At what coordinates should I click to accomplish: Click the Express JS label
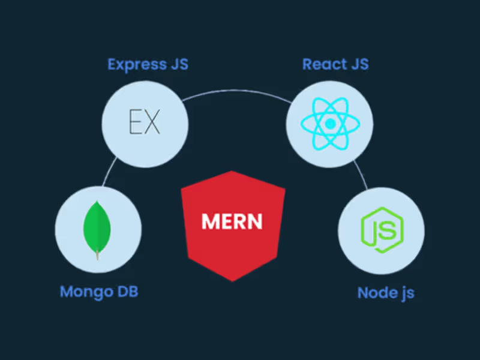[148, 64]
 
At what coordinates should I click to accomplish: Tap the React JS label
[335, 64]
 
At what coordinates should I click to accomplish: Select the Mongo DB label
[99, 292]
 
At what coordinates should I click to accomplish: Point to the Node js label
[386, 293]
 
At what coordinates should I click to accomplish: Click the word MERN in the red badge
[232, 221]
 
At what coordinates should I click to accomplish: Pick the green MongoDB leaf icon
[98, 227]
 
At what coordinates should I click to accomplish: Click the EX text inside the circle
[145, 122]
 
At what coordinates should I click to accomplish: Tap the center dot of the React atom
[329, 124]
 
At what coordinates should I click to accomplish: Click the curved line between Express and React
[237, 91]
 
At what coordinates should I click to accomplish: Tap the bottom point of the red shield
[233, 280]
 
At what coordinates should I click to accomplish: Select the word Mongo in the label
[85, 292]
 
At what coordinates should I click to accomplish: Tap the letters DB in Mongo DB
[127, 292]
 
